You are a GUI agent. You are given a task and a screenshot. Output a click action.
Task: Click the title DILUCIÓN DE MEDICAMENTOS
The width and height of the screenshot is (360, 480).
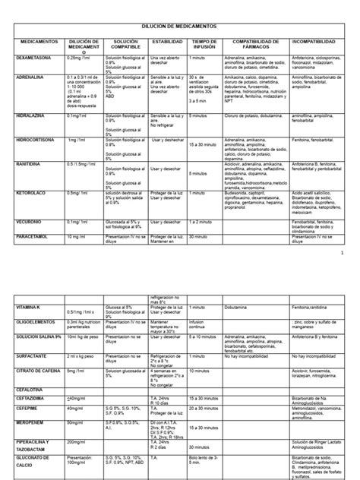point(179,25)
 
